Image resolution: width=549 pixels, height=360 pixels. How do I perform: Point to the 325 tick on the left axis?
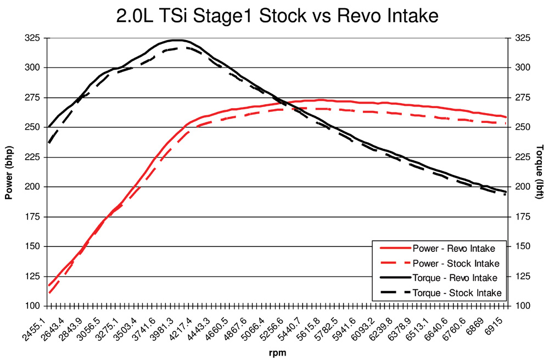31,38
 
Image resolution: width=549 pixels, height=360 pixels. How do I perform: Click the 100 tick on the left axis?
31,306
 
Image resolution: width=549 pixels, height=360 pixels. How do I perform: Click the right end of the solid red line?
506,117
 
